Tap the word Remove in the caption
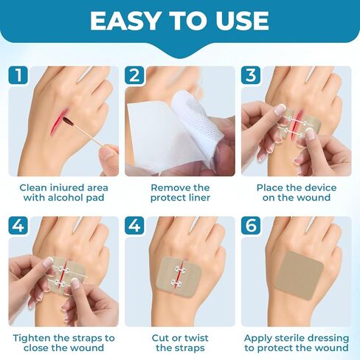click(x=170, y=187)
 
